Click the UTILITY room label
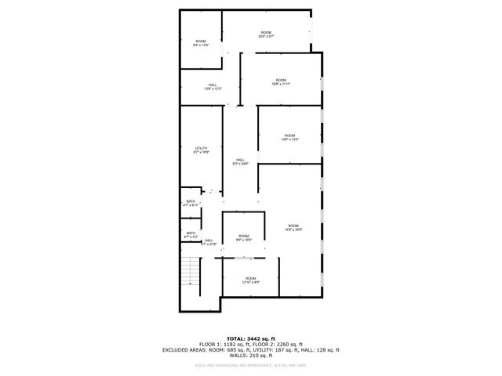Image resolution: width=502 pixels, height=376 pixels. click(x=202, y=150)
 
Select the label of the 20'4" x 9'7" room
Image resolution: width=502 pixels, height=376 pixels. click(x=266, y=34)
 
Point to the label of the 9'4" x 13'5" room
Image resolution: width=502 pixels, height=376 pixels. click(x=201, y=43)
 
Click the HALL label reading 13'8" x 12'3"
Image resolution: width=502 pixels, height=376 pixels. click(x=213, y=87)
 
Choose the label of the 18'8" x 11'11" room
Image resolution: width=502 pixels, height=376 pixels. click(x=280, y=82)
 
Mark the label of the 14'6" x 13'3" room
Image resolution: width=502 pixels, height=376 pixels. click(x=289, y=137)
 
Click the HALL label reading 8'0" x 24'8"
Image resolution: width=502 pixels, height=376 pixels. click(x=240, y=161)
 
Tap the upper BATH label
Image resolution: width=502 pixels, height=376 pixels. click(x=191, y=203)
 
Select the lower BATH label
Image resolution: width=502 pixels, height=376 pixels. click(x=191, y=234)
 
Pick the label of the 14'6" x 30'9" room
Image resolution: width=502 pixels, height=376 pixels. click(x=293, y=227)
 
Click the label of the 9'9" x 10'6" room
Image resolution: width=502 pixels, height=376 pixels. click(x=244, y=238)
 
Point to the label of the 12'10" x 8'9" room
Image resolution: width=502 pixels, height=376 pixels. click(x=250, y=280)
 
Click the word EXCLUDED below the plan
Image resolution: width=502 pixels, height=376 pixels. click(x=176, y=349)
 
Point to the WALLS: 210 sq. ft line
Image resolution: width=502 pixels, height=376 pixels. click(x=251, y=356)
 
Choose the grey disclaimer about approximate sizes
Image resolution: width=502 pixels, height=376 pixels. click(x=251, y=366)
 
